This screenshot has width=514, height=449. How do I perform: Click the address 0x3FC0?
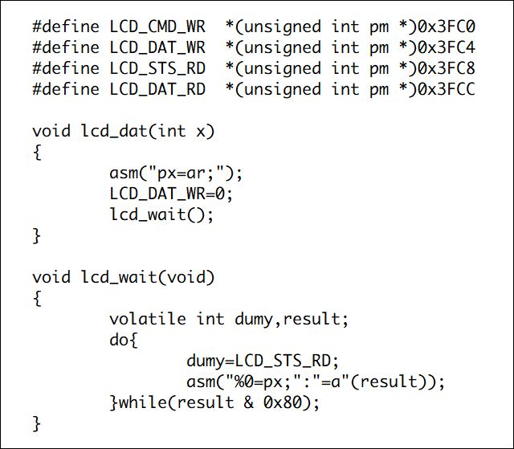(x=447, y=27)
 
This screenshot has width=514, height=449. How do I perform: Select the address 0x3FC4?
(x=447, y=47)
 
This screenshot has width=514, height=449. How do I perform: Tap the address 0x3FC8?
(x=447, y=68)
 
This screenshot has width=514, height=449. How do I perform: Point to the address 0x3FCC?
(x=447, y=89)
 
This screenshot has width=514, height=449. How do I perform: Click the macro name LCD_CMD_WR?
(x=157, y=27)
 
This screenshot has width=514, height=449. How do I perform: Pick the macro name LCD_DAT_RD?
(x=157, y=90)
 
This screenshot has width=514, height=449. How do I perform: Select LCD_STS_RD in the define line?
(x=157, y=69)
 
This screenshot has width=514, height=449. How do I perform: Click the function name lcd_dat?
(x=114, y=132)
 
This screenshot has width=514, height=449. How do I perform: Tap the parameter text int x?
(x=182, y=132)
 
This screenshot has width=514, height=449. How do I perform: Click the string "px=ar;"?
(x=186, y=173)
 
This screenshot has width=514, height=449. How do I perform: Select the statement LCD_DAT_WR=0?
(x=171, y=194)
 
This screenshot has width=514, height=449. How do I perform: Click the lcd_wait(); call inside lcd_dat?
(x=161, y=215)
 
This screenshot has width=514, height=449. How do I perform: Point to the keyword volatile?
(x=148, y=319)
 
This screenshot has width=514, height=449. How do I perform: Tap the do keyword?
(x=119, y=340)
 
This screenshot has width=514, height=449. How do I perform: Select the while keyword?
(x=143, y=402)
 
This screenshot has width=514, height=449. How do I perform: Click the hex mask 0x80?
(x=282, y=402)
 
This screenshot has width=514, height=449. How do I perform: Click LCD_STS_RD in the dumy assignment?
(x=283, y=361)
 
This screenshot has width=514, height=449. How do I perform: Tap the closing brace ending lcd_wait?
(x=37, y=424)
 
